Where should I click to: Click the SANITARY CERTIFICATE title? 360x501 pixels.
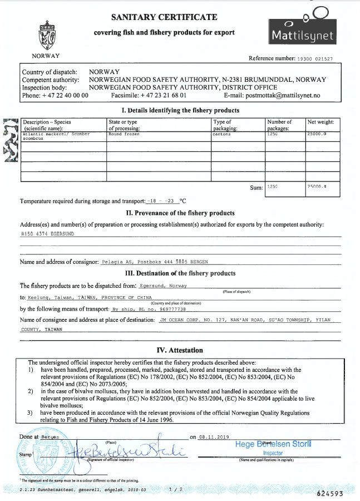(x=164, y=18)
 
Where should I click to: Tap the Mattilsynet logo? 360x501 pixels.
(x=302, y=28)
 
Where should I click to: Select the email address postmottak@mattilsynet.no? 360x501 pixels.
(x=283, y=96)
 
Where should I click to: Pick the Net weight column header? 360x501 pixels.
(x=322, y=122)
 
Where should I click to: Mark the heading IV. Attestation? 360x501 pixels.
(x=180, y=350)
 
